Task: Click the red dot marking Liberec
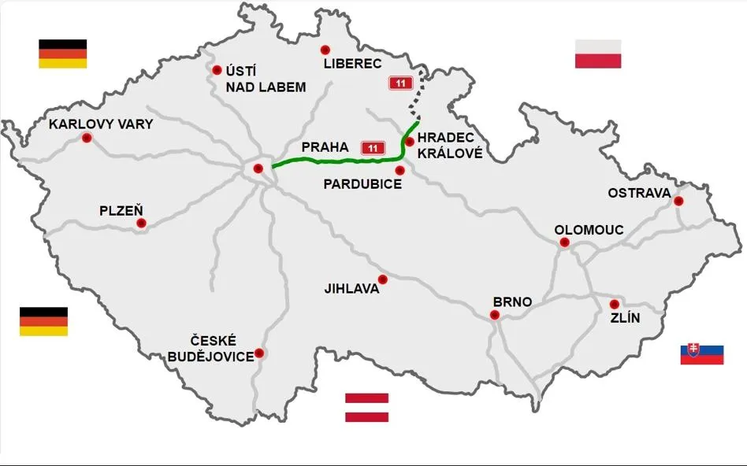(x=325, y=50)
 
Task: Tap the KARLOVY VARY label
(x=101, y=124)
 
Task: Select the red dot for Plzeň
(x=141, y=223)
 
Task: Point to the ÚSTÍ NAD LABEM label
(x=265, y=79)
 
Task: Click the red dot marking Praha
(x=258, y=168)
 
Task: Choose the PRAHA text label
(x=325, y=147)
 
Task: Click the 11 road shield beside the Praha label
(x=372, y=147)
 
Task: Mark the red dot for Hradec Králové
(x=410, y=142)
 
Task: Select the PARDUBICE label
(x=363, y=184)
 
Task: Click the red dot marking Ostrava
(x=678, y=201)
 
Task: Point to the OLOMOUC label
(x=589, y=230)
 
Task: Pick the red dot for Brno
(x=495, y=315)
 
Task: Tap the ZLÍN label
(x=625, y=318)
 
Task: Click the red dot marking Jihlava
(x=383, y=279)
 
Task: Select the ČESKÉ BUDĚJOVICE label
(x=211, y=348)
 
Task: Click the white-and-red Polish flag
(x=598, y=54)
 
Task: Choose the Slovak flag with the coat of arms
(x=702, y=353)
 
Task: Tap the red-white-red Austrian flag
(x=366, y=407)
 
